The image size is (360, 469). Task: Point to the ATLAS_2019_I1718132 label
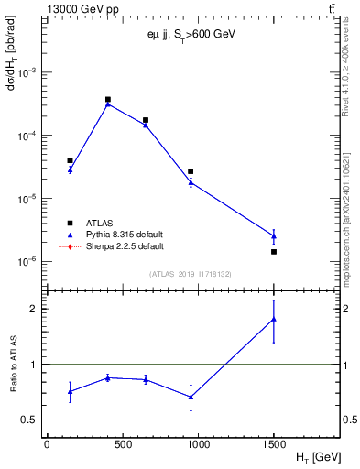pyautogui.click(x=184, y=274)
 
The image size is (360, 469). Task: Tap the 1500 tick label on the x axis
pyautogui.click(x=274, y=445)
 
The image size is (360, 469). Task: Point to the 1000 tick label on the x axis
pyautogui.click(x=198, y=445)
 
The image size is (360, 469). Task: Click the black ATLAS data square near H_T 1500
pyautogui.click(x=274, y=251)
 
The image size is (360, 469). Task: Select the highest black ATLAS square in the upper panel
pyautogui.click(x=108, y=99)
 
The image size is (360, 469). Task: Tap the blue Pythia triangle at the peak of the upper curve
pyautogui.click(x=108, y=104)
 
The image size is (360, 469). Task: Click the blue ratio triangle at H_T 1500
pyautogui.click(x=274, y=319)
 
